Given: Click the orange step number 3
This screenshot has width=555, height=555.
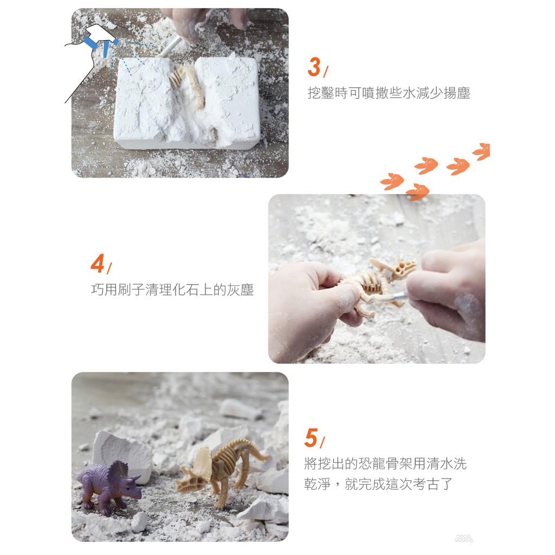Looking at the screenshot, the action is click(314, 67).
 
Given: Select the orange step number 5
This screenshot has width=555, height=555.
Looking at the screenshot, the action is click(311, 438).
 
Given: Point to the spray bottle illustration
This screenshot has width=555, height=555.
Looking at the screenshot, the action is click(92, 56).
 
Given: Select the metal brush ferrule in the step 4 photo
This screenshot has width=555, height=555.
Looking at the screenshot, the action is click(399, 296).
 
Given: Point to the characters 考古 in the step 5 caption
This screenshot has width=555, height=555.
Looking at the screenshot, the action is click(426, 483).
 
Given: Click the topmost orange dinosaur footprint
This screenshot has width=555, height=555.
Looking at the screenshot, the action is click(482, 151).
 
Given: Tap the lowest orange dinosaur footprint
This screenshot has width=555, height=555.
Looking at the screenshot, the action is click(418, 192).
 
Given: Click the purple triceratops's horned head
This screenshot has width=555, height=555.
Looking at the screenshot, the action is click(127, 482).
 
